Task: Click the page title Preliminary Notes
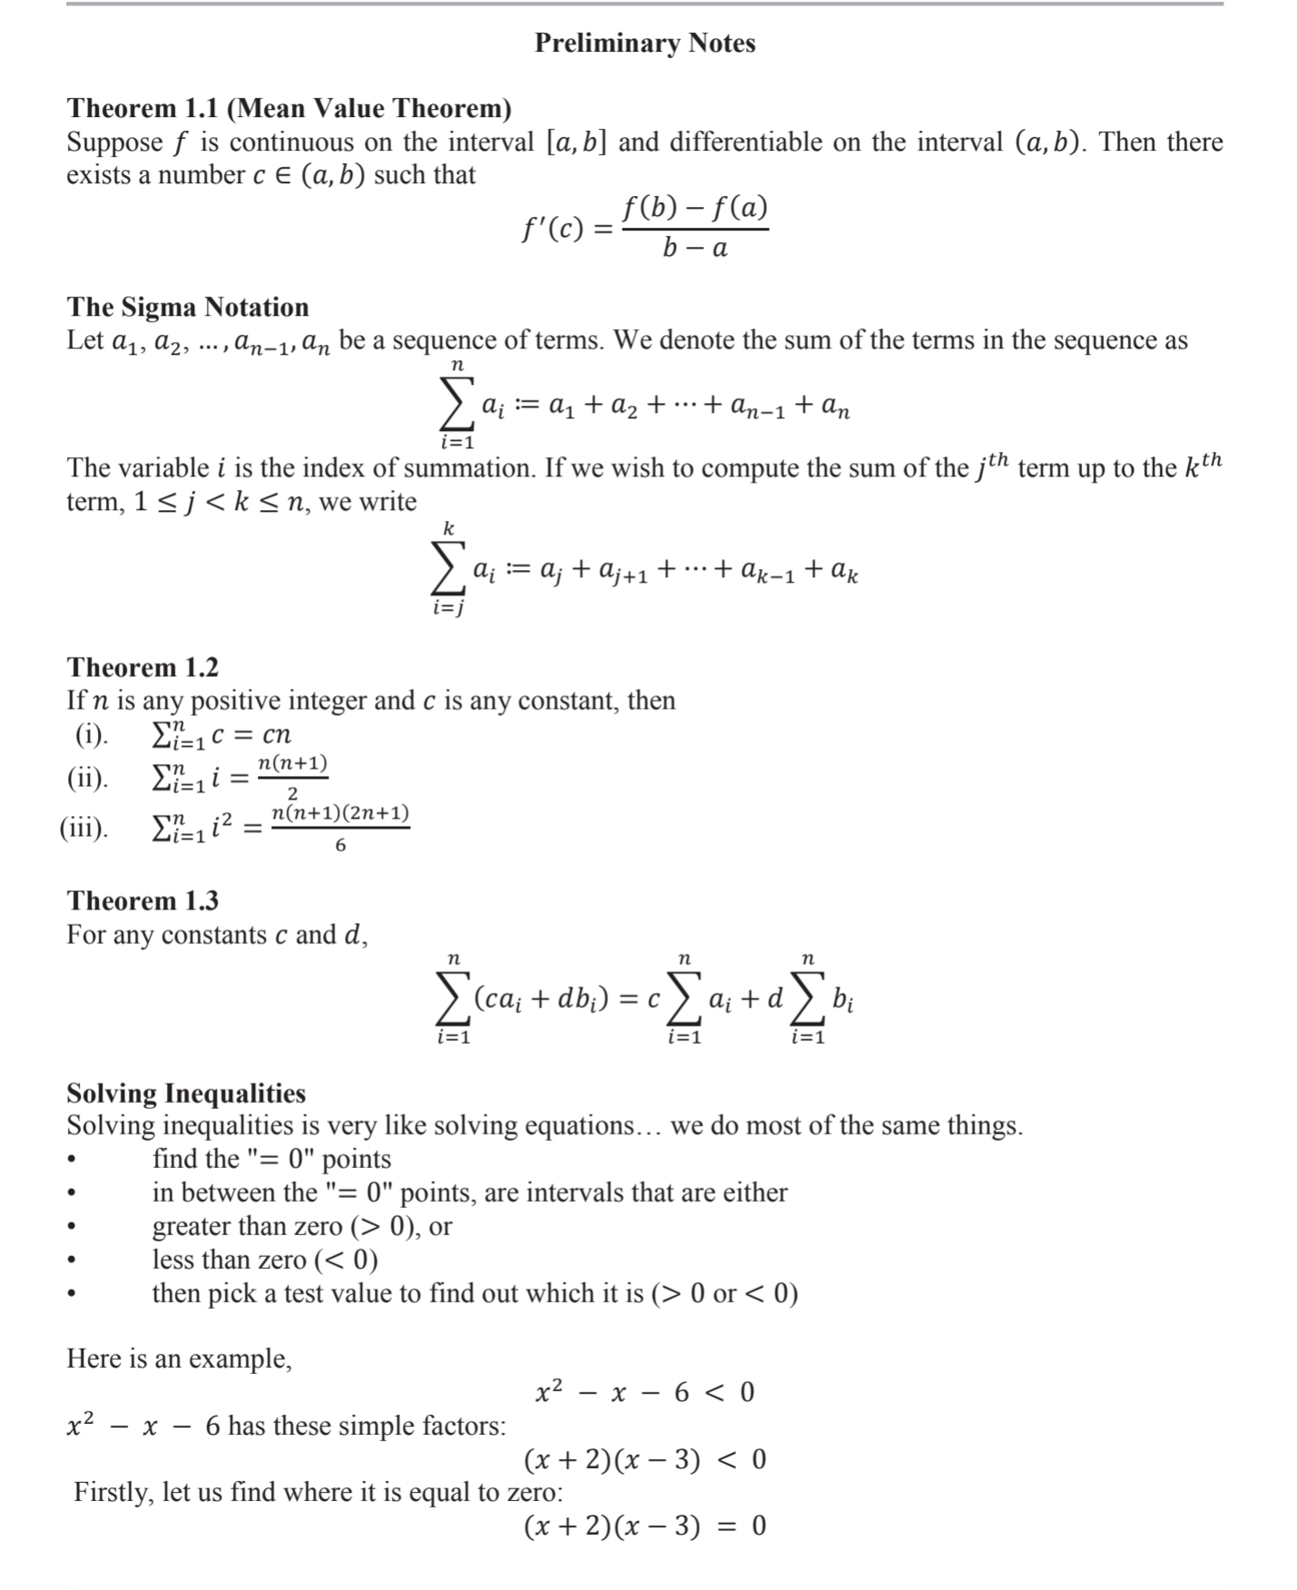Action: (x=644, y=43)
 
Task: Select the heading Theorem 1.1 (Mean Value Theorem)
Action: (x=289, y=108)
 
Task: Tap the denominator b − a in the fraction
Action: (x=694, y=247)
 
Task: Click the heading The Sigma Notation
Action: (x=188, y=307)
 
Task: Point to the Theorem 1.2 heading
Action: (x=142, y=667)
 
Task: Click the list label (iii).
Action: (x=84, y=828)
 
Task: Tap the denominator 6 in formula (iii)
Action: (x=340, y=846)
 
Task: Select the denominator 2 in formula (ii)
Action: (x=292, y=795)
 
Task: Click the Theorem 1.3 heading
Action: (x=142, y=900)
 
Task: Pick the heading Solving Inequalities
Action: (x=186, y=1093)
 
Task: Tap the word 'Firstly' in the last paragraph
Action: (x=113, y=1492)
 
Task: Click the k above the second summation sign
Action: (x=448, y=528)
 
